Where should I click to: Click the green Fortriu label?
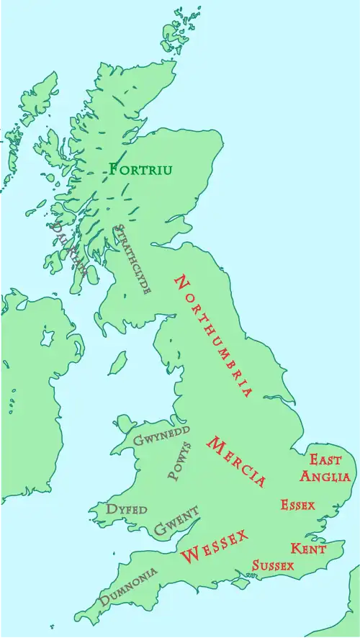[141, 170]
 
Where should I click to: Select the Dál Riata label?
[68, 249]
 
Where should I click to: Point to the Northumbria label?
[214, 336]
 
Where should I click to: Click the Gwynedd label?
[162, 435]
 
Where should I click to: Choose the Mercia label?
[236, 462]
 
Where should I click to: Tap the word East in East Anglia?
[325, 459]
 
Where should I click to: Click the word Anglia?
[325, 476]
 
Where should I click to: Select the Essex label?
[297, 505]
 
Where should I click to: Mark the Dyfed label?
[127, 509]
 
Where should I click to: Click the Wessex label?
[215, 546]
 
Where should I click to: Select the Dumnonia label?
[129, 587]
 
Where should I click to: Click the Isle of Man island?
[118, 363]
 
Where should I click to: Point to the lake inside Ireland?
[48, 337]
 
